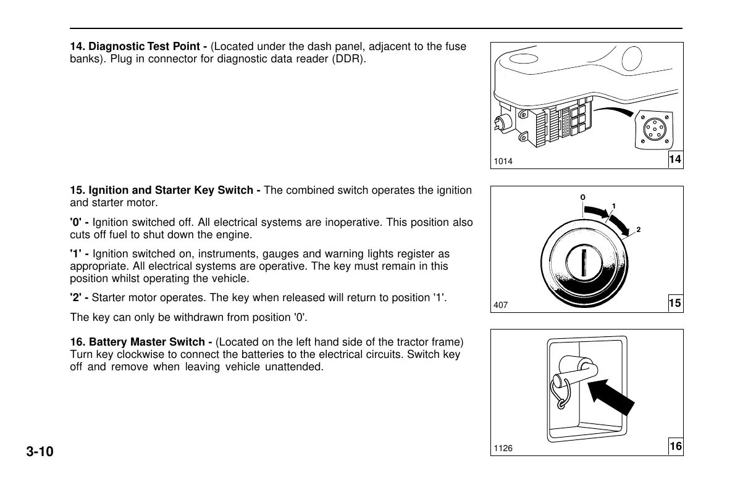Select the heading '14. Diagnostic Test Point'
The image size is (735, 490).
click(138, 47)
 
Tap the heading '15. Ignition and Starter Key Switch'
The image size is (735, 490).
click(165, 191)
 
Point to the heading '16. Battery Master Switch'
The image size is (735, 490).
click(141, 342)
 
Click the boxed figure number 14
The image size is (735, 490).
click(675, 160)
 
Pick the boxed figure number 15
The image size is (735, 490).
click(675, 303)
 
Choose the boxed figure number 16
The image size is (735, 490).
click(675, 446)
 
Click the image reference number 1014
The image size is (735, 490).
click(503, 162)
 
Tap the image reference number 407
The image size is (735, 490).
click(500, 305)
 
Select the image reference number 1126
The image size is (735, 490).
click(503, 448)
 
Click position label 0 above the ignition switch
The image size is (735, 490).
click(582, 197)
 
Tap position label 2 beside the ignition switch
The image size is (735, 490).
click(639, 230)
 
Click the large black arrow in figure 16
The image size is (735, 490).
click(610, 402)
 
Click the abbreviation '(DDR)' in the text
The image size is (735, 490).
click(351, 59)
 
